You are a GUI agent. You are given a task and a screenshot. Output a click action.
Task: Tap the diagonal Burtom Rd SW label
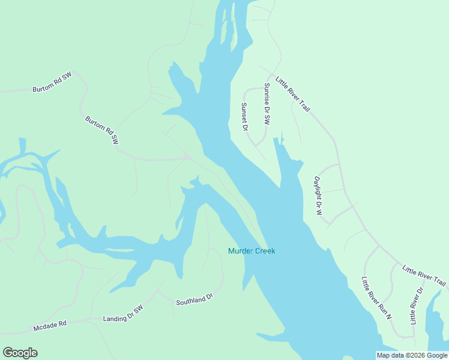point(101,130)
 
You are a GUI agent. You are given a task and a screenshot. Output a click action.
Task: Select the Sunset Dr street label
point(244,116)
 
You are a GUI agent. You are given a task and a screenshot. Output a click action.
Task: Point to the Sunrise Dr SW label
point(267,103)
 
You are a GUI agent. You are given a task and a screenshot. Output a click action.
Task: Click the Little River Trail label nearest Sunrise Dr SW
point(292,94)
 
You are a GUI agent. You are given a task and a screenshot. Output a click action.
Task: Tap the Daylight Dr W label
point(318,196)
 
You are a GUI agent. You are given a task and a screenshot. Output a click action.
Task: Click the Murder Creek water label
point(251,251)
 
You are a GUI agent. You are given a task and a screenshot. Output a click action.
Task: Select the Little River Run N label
point(376,298)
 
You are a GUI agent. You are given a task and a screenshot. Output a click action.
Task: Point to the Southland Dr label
point(194,299)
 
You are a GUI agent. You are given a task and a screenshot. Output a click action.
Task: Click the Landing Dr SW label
point(123,314)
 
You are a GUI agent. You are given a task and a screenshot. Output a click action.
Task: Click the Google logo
point(20,353)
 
